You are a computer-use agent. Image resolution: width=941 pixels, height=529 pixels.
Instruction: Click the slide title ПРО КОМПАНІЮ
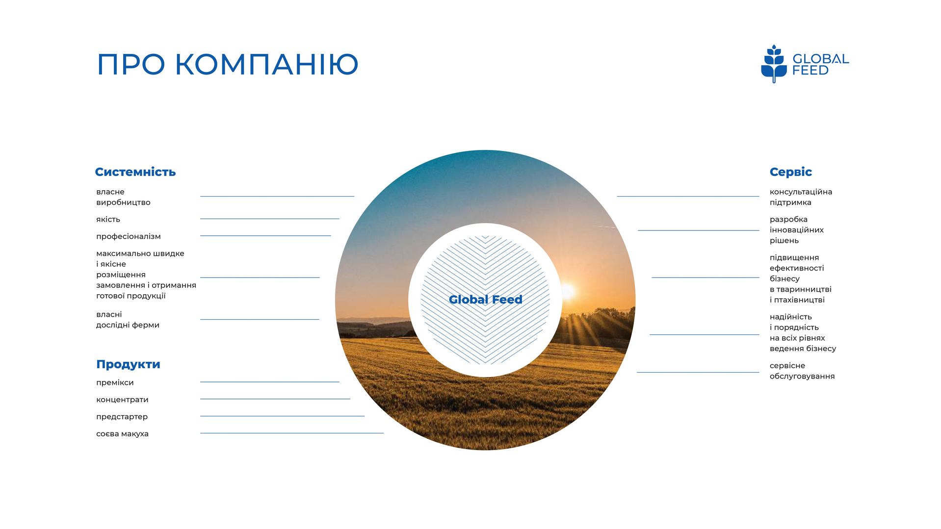click(228, 64)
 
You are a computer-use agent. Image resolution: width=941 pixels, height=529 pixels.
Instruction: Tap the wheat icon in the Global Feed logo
click(774, 64)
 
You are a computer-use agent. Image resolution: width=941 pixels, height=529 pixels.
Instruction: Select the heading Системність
click(135, 172)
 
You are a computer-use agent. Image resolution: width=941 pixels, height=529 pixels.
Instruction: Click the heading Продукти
click(128, 364)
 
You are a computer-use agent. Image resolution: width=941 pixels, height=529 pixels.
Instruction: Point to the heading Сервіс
click(790, 172)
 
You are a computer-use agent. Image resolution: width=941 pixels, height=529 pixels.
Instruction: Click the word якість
click(108, 219)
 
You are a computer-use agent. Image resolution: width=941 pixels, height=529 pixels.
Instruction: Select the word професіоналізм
click(129, 236)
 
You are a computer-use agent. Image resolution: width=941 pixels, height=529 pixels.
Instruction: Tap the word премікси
click(115, 382)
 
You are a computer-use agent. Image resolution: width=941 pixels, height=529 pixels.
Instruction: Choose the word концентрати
click(122, 400)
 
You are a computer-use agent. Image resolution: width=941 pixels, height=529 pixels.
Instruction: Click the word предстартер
click(122, 417)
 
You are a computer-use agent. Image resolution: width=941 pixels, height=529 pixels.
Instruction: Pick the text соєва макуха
click(122, 434)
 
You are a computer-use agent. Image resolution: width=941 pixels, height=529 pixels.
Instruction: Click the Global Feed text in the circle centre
click(485, 300)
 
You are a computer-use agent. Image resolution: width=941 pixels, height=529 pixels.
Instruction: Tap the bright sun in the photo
click(567, 292)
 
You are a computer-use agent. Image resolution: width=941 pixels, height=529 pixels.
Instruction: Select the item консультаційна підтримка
click(801, 197)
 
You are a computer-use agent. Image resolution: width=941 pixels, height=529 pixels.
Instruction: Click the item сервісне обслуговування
click(802, 371)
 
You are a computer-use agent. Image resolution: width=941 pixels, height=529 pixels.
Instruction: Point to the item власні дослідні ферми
click(128, 320)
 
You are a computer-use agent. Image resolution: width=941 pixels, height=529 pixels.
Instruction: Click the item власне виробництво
click(123, 197)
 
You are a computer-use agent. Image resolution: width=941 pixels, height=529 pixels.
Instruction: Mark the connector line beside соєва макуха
click(292, 433)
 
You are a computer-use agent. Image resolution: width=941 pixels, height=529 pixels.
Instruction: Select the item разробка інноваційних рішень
click(797, 230)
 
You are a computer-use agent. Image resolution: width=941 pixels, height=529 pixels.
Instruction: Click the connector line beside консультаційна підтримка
click(688, 196)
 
